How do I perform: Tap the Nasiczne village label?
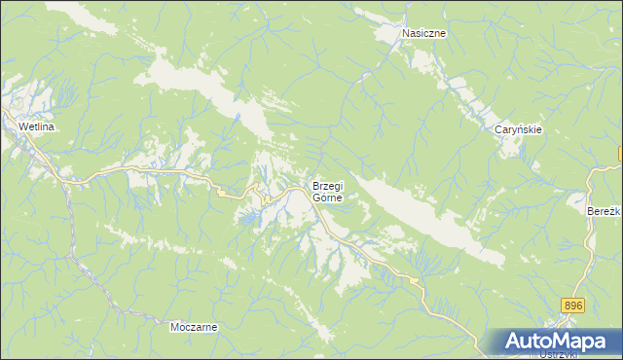(424, 33)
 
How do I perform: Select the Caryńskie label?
(517, 129)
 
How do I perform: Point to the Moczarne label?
(193, 328)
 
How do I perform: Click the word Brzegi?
(326, 186)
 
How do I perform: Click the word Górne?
(327, 197)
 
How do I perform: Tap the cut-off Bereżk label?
(604, 210)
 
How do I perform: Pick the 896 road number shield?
(573, 306)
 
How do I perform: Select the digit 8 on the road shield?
(568, 306)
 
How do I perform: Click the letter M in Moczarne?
(173, 328)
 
